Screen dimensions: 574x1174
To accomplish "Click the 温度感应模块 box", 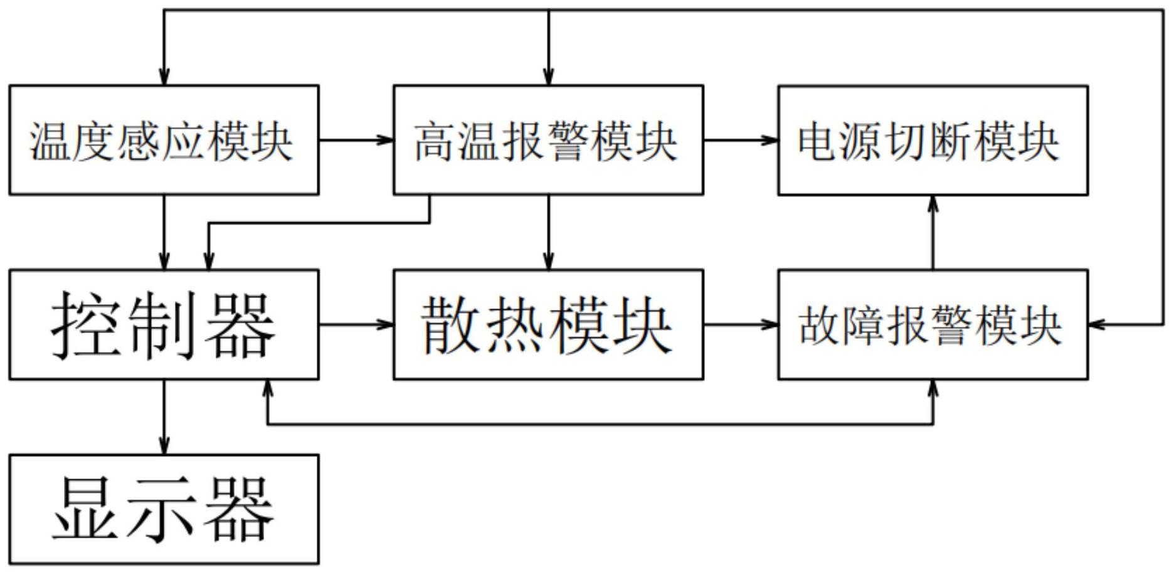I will click(164, 140).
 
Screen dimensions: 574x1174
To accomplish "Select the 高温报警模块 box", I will click(548, 140).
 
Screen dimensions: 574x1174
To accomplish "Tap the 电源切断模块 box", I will click(933, 140).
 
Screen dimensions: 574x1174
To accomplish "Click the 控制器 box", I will click(164, 324).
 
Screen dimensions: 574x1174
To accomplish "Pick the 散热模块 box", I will click(548, 324).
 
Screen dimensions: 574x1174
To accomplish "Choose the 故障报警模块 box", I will click(933, 324).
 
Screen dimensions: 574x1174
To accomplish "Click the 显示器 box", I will click(164, 509).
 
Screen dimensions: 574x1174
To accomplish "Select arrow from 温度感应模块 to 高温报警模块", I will click(356, 140).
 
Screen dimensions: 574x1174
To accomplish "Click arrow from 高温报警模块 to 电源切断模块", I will click(740, 140).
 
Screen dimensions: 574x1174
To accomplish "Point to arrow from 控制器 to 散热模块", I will click(356, 324).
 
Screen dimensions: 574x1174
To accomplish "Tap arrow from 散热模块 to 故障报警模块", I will click(740, 324).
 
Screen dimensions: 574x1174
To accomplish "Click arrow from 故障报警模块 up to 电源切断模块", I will click(933, 232).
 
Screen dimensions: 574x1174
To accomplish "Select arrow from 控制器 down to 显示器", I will click(164, 417).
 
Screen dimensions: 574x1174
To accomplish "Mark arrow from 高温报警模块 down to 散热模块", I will click(548, 232).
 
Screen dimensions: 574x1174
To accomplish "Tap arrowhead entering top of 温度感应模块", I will click(164, 77).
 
